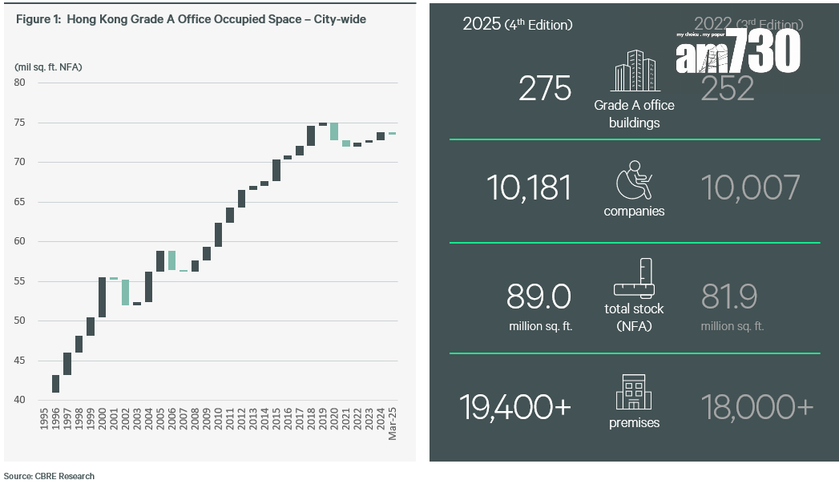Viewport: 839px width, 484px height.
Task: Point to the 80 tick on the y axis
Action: (x=20, y=83)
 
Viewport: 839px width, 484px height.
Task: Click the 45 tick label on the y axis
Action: (x=20, y=361)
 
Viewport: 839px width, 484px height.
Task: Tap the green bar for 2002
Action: (x=125, y=292)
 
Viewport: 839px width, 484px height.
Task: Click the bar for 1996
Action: (x=55, y=384)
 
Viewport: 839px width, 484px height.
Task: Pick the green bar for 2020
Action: (x=334, y=131)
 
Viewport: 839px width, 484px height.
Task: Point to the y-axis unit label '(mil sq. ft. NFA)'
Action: (x=48, y=67)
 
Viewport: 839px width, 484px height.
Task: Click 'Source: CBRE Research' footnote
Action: (x=49, y=476)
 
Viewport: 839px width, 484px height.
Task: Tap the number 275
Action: (x=545, y=89)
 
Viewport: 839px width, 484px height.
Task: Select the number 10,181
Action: (x=529, y=188)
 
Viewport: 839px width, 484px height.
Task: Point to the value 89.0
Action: (x=538, y=297)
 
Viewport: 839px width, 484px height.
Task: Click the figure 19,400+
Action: (x=515, y=407)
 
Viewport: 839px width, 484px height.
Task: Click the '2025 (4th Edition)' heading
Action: (x=517, y=25)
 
